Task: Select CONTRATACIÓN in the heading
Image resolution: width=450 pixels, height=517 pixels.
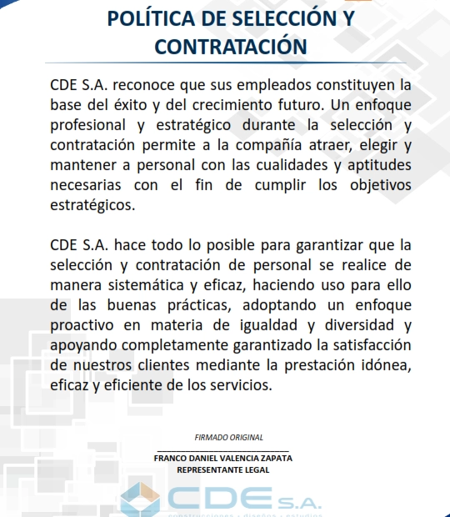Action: (225, 46)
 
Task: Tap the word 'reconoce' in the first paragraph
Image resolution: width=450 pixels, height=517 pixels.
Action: (145, 86)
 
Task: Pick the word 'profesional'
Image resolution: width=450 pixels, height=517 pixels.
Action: (90, 126)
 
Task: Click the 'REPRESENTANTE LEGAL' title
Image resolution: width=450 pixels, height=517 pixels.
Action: (223, 469)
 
